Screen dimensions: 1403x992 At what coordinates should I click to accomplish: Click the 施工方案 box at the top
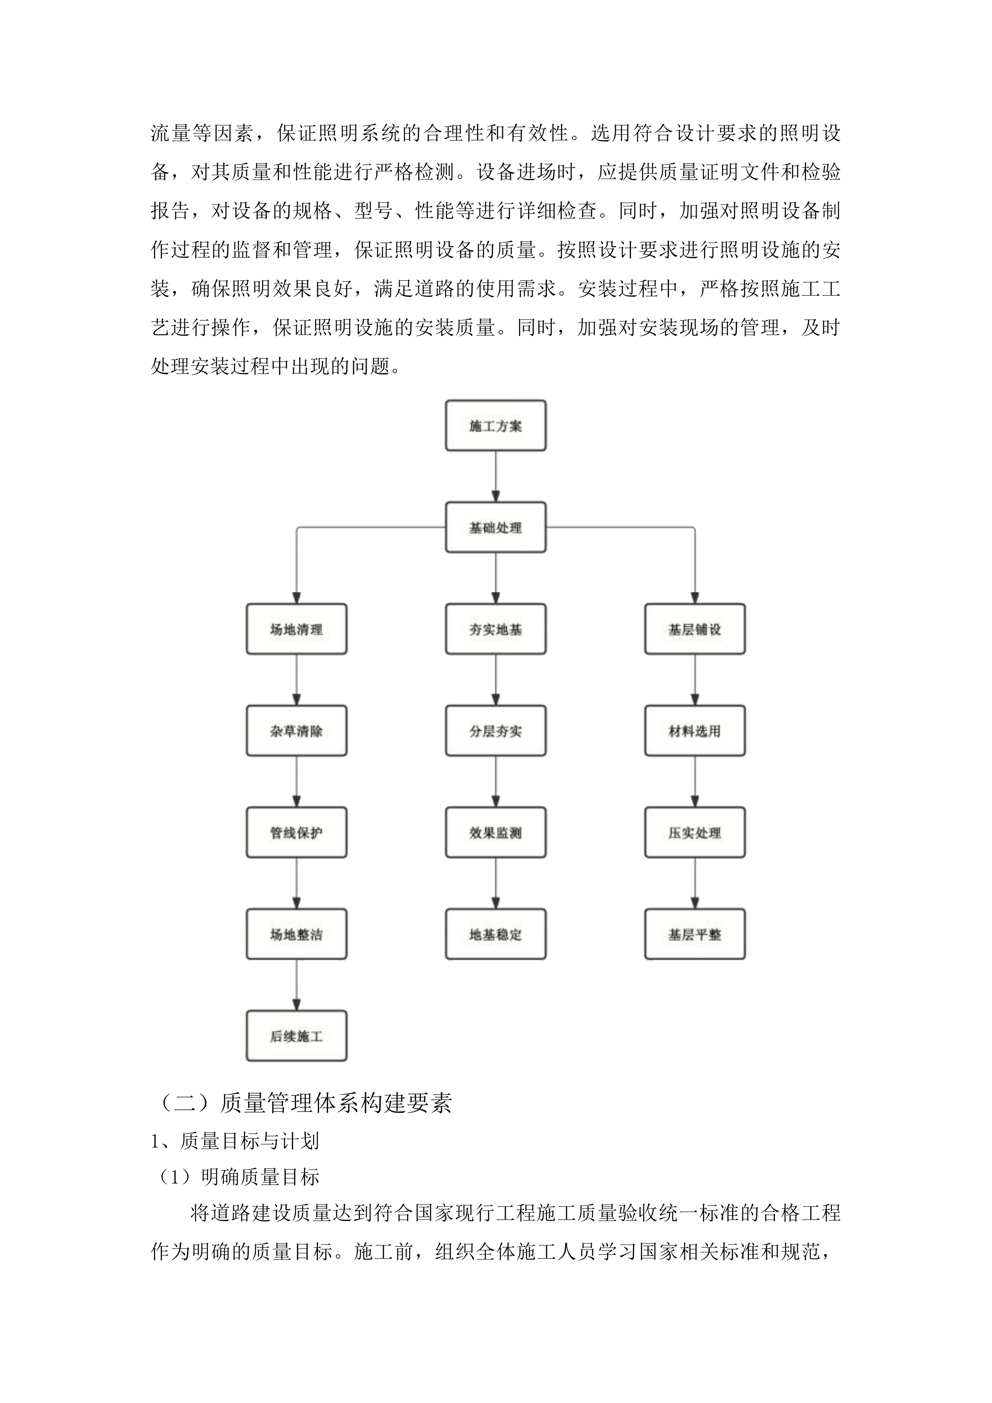495,426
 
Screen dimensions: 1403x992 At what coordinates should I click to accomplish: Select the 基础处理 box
495,528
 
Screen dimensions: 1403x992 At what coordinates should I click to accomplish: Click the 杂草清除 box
296,731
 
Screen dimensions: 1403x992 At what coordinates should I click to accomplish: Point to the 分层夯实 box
495,731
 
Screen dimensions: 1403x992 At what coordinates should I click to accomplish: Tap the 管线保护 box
296,832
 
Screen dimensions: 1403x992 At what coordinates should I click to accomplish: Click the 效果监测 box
495,832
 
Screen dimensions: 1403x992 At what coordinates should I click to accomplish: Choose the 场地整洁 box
296,934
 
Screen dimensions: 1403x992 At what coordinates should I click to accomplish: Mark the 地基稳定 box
495,934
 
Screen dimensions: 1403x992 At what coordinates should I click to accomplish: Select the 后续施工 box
296,1036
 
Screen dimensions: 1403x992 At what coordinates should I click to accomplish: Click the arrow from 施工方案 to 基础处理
495,477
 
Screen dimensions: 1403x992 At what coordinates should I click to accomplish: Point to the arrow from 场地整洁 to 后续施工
296,985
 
